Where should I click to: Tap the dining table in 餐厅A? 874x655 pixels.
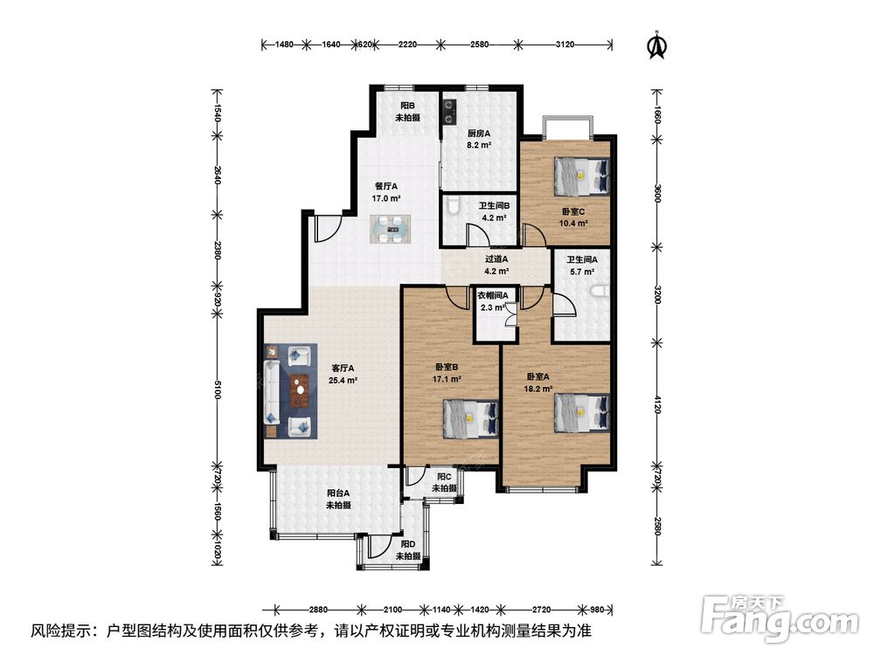tap(390, 229)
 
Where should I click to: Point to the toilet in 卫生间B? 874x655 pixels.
tap(453, 205)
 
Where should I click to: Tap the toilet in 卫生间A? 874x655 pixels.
tap(600, 292)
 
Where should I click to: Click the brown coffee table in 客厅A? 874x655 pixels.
tap(300, 390)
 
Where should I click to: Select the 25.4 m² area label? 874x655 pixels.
tap(343, 381)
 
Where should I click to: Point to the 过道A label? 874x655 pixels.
tap(496, 259)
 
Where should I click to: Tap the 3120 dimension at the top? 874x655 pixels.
tap(565, 45)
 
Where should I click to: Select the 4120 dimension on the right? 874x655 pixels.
tap(657, 404)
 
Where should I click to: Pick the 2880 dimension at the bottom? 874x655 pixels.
tap(318, 610)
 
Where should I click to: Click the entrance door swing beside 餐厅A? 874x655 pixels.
tap(328, 230)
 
